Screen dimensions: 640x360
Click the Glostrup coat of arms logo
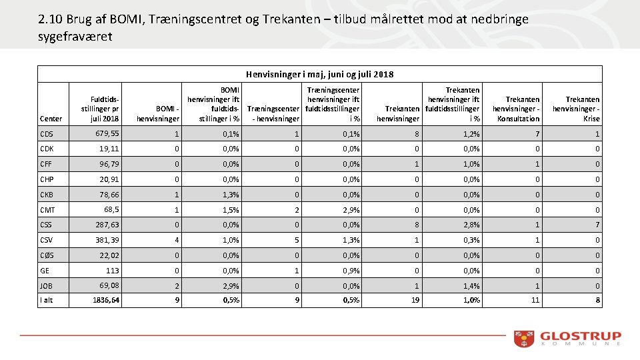524,339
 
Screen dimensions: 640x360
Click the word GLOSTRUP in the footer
581,336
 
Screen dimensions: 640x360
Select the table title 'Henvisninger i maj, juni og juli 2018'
319,74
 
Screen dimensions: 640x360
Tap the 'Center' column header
51,119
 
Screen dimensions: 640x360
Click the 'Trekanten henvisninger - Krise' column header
576,109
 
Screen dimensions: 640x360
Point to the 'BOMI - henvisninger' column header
158,114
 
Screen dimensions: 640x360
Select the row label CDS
47,134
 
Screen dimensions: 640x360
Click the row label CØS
47,255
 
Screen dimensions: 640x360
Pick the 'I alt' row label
47,300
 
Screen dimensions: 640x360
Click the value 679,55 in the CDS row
107,134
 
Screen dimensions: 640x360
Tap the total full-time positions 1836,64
106,300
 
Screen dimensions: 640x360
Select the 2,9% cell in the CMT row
351,210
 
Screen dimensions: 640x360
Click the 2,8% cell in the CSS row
471,225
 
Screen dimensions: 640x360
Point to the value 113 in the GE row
112,271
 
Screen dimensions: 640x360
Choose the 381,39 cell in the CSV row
107,240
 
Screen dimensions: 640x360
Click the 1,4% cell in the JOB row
471,286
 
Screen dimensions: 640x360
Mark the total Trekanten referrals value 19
415,300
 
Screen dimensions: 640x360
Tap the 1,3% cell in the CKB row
231,195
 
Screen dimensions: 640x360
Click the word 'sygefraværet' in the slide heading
75,37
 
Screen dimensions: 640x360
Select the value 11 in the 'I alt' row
535,300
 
